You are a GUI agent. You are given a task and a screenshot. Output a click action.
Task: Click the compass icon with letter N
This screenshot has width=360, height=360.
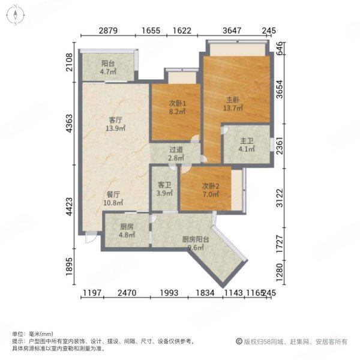[x=13, y=13]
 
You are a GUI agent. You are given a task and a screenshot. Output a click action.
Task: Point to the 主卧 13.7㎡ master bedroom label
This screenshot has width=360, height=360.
[x=233, y=104]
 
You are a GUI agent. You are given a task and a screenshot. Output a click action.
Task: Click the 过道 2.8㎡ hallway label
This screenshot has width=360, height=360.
[x=176, y=154]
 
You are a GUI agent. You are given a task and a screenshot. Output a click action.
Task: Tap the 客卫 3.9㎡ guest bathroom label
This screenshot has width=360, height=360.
[x=164, y=190]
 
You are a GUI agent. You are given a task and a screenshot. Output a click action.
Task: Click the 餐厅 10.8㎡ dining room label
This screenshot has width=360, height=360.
[x=115, y=199]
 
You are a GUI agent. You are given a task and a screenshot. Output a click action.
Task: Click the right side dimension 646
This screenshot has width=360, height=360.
[x=280, y=47]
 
